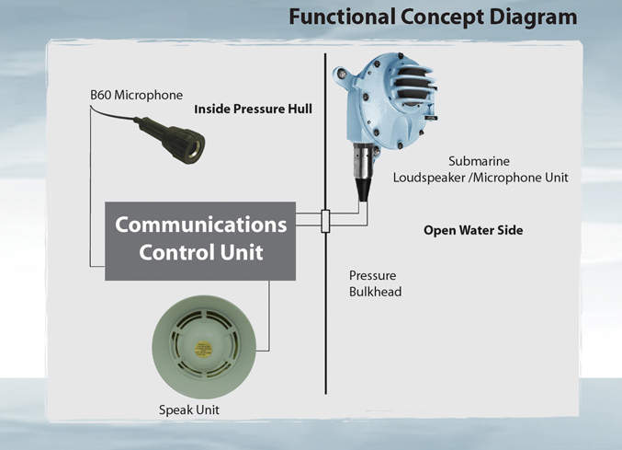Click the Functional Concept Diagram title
(432, 17)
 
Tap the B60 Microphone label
(136, 95)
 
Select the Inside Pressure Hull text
(253, 110)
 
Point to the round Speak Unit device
(201, 341)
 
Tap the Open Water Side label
(472, 231)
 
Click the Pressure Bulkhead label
(375, 283)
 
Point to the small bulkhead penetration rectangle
(325, 222)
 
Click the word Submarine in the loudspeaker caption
(479, 160)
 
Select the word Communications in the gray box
(200, 225)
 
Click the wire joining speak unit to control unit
(268, 317)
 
